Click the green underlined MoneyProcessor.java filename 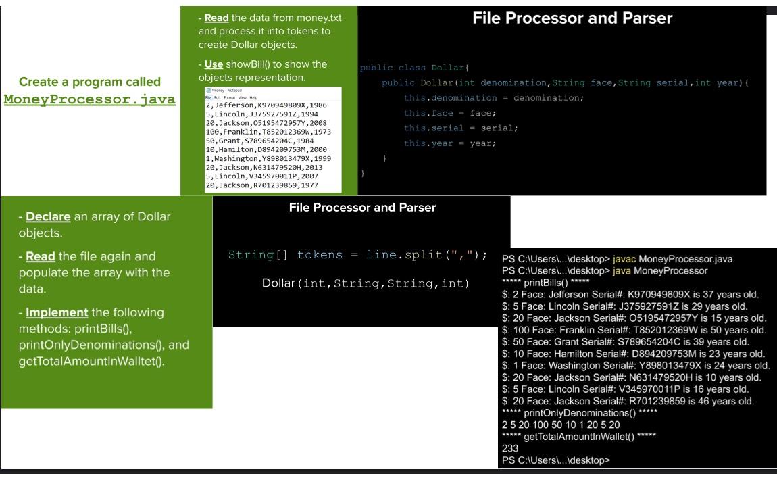click(x=89, y=100)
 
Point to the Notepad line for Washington click(x=268, y=158)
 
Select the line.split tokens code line click(x=358, y=255)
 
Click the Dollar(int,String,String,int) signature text click(x=365, y=283)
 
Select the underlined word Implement click(x=57, y=312)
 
